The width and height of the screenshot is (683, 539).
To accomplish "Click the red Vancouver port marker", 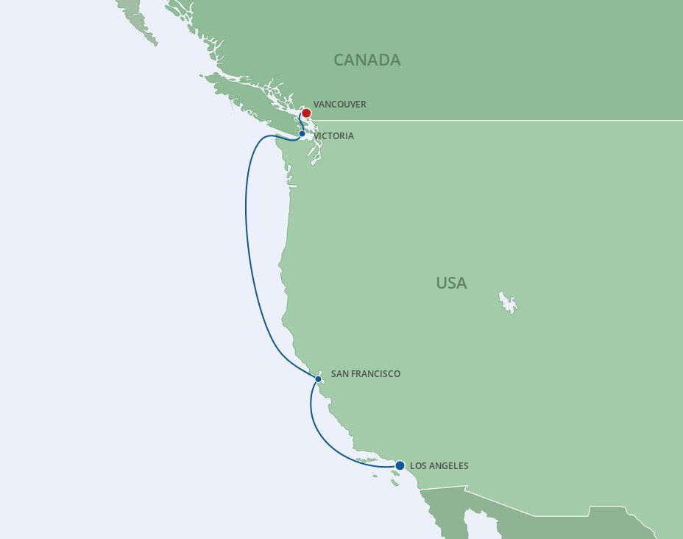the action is point(306,113).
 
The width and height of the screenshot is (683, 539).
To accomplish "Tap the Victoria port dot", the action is point(302,134).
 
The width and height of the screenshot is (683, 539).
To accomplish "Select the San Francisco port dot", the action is point(318,379).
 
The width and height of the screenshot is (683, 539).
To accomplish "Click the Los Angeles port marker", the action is point(400,465).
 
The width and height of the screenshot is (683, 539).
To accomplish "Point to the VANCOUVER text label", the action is point(339,105).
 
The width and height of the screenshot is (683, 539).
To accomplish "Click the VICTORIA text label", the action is point(333,136).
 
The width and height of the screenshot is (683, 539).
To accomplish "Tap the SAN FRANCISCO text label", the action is point(366,374).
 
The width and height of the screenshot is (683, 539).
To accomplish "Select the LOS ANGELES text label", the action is point(439,466).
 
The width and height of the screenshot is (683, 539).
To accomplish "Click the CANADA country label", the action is point(367,60).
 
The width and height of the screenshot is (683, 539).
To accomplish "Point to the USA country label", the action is point(451,283).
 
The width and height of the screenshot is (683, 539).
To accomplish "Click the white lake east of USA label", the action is point(508,301).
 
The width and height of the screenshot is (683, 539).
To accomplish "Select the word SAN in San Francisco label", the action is point(340,374).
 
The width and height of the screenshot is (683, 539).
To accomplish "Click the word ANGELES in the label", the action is point(448,466).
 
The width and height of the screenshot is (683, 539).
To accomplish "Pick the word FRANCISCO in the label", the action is point(376,374).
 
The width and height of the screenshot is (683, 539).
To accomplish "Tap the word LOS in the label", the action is point(417,466).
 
